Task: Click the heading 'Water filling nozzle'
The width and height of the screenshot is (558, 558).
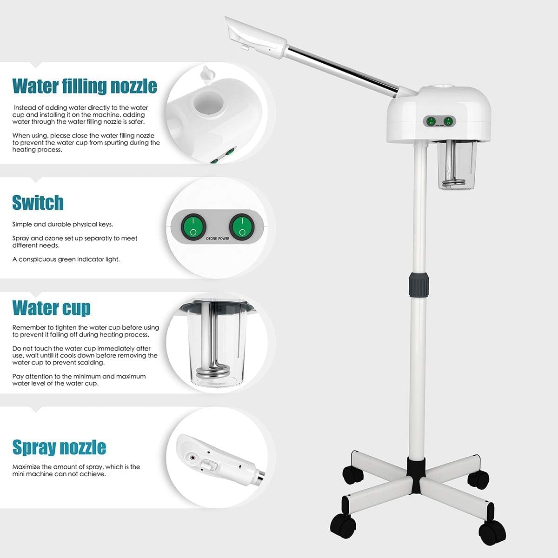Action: (x=84, y=86)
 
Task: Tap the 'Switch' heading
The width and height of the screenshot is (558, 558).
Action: (x=38, y=203)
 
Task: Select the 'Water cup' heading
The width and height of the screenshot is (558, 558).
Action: (x=51, y=308)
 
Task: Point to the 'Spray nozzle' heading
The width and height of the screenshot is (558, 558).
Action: (x=59, y=447)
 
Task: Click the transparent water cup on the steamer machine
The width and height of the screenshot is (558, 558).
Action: (x=453, y=167)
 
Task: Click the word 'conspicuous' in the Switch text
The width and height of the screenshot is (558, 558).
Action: (x=37, y=259)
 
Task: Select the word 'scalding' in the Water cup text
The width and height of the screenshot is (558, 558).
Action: (x=91, y=363)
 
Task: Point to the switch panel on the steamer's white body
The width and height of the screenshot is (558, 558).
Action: (x=439, y=121)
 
